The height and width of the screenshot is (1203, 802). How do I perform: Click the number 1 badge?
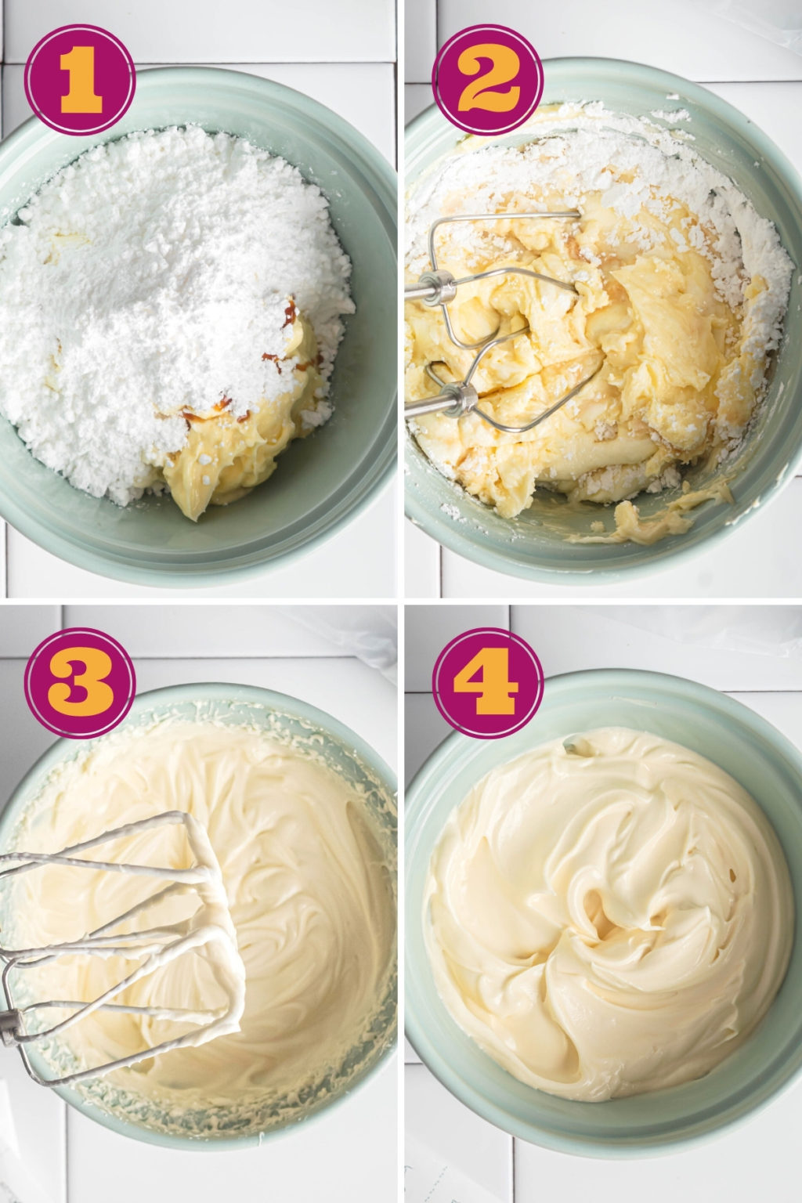(80, 79)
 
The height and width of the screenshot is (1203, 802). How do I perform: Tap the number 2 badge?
(487, 79)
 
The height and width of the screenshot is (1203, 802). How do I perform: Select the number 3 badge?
(80, 683)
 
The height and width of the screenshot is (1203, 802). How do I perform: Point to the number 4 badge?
(487, 683)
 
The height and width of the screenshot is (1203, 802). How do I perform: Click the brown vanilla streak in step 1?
(290, 314)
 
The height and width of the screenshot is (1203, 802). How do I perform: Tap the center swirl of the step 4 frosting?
(601, 913)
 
